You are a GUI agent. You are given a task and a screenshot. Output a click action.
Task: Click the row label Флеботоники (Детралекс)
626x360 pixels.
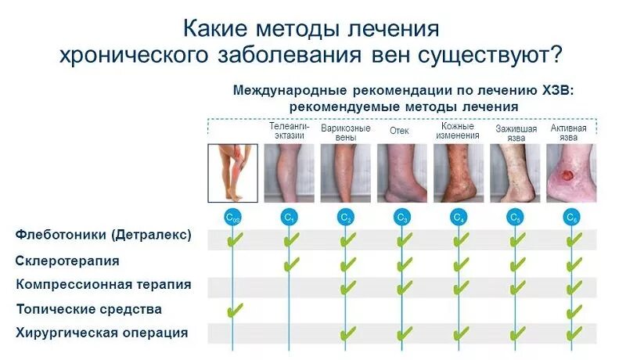pos(103,235)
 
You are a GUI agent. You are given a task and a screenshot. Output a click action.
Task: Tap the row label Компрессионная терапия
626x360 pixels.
pos(103,285)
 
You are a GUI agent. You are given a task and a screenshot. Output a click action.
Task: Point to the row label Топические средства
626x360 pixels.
pos(88,309)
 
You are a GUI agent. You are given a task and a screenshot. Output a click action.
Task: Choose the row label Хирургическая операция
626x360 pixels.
pos(102,333)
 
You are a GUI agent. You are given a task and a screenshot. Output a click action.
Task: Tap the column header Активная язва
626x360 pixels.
pos(570,131)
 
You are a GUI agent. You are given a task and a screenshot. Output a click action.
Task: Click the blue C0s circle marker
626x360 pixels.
pos(233,217)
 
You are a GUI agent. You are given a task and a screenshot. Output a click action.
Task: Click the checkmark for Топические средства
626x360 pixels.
pos(234,311)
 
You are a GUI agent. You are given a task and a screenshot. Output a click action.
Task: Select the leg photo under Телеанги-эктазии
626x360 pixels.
pos(289,173)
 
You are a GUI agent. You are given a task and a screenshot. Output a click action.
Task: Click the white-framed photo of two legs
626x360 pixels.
pos(232,173)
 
